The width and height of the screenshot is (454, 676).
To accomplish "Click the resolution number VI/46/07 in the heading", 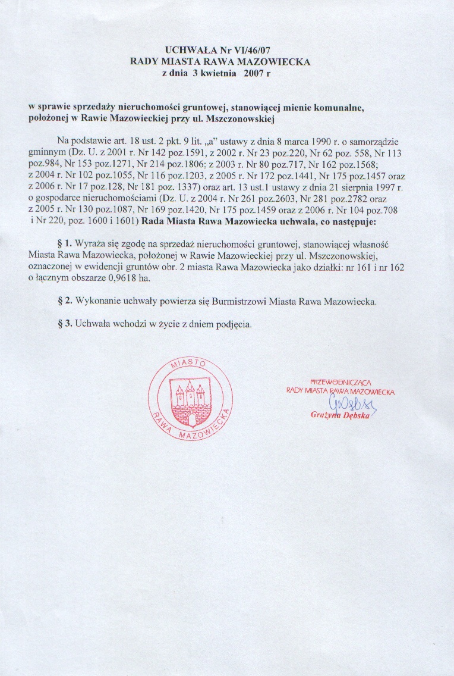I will [x=257, y=51].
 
